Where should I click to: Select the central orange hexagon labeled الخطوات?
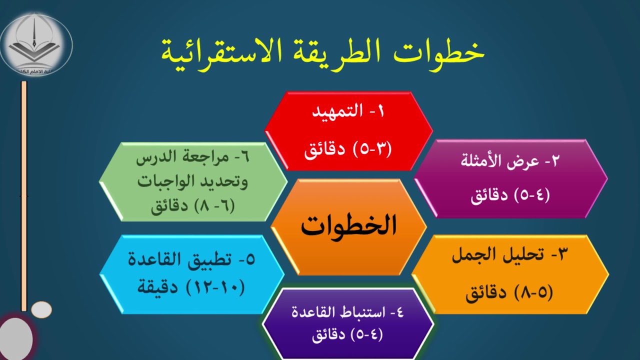coord(348,226)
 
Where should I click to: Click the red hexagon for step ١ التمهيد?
coord(348,130)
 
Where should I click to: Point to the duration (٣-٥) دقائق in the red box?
coord(348,149)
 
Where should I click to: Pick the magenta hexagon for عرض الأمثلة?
coord(510,178)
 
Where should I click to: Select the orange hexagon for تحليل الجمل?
coord(510,274)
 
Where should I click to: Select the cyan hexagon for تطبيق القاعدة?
coord(192,274)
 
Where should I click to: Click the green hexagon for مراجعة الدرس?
coord(193,181)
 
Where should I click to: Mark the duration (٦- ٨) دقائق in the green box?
coord(193,205)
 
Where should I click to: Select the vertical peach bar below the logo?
coord(23,195)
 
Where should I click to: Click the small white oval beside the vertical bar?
coord(41,309)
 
